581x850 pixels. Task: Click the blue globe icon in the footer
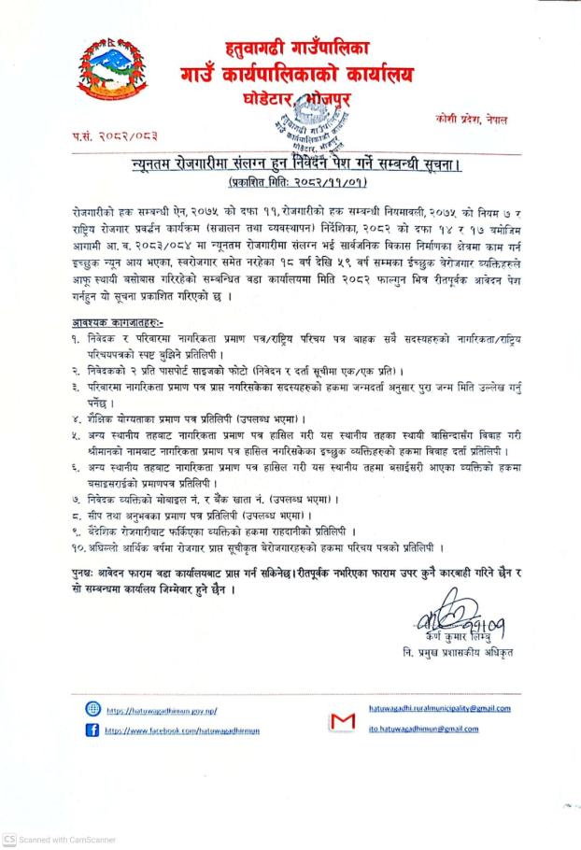[92, 709]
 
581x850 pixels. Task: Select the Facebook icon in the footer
[92, 730]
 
